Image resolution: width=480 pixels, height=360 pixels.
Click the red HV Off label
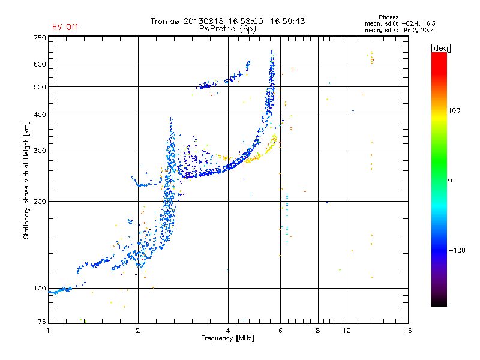(x=65, y=27)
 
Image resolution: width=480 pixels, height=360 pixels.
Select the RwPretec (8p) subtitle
(x=227, y=29)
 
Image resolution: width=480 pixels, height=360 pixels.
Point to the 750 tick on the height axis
(x=40, y=38)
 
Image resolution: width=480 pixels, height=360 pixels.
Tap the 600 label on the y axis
(x=40, y=64)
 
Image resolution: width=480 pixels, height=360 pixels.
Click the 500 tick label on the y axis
(x=40, y=87)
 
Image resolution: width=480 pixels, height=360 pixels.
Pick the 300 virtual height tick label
(x=40, y=151)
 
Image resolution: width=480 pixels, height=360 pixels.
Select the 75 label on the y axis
(x=42, y=322)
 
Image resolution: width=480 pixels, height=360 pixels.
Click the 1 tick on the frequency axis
(x=48, y=331)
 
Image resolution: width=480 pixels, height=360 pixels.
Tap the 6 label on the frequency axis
(x=280, y=331)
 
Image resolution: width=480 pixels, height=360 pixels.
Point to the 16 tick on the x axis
(x=408, y=331)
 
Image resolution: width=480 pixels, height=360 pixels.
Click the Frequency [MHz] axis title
(x=227, y=338)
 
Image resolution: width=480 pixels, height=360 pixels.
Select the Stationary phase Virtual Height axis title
(x=26, y=181)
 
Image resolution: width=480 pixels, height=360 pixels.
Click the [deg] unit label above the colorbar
(x=440, y=48)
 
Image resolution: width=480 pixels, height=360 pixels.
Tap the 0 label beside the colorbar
(x=450, y=181)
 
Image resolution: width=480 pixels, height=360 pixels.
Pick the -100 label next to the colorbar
(x=457, y=250)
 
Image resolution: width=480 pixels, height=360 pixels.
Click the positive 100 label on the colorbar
(x=454, y=110)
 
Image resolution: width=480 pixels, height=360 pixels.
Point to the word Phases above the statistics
(x=388, y=17)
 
